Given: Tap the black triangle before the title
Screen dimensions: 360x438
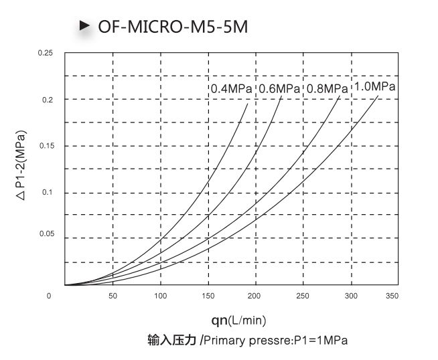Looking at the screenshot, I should pos(84,25).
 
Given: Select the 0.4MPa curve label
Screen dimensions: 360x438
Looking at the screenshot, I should pos(232,88).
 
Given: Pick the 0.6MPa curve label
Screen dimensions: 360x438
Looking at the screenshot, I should pos(279,88).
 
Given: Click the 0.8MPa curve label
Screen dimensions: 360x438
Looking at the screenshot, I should pos(327,88).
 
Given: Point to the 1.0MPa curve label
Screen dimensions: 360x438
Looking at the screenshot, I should pos(374,86).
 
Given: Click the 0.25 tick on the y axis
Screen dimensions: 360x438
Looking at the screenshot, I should pos(45,53).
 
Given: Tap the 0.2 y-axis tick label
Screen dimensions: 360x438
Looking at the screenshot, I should pos(47,100).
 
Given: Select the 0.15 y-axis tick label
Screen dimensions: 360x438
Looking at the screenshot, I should pos(45,146).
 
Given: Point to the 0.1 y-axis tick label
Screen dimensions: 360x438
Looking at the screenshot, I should pos(47,193).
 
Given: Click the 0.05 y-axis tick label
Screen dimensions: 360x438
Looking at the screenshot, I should pos(45,234).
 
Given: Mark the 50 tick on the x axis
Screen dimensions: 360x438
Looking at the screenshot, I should pos(113,296).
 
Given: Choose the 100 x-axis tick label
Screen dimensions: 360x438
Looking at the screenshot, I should pos(160,296).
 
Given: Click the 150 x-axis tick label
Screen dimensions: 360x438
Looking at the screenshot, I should pos(208,296).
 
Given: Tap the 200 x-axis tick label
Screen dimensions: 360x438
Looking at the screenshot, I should pos(257,296).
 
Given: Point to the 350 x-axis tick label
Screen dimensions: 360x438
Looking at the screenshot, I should pos(392,296).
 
